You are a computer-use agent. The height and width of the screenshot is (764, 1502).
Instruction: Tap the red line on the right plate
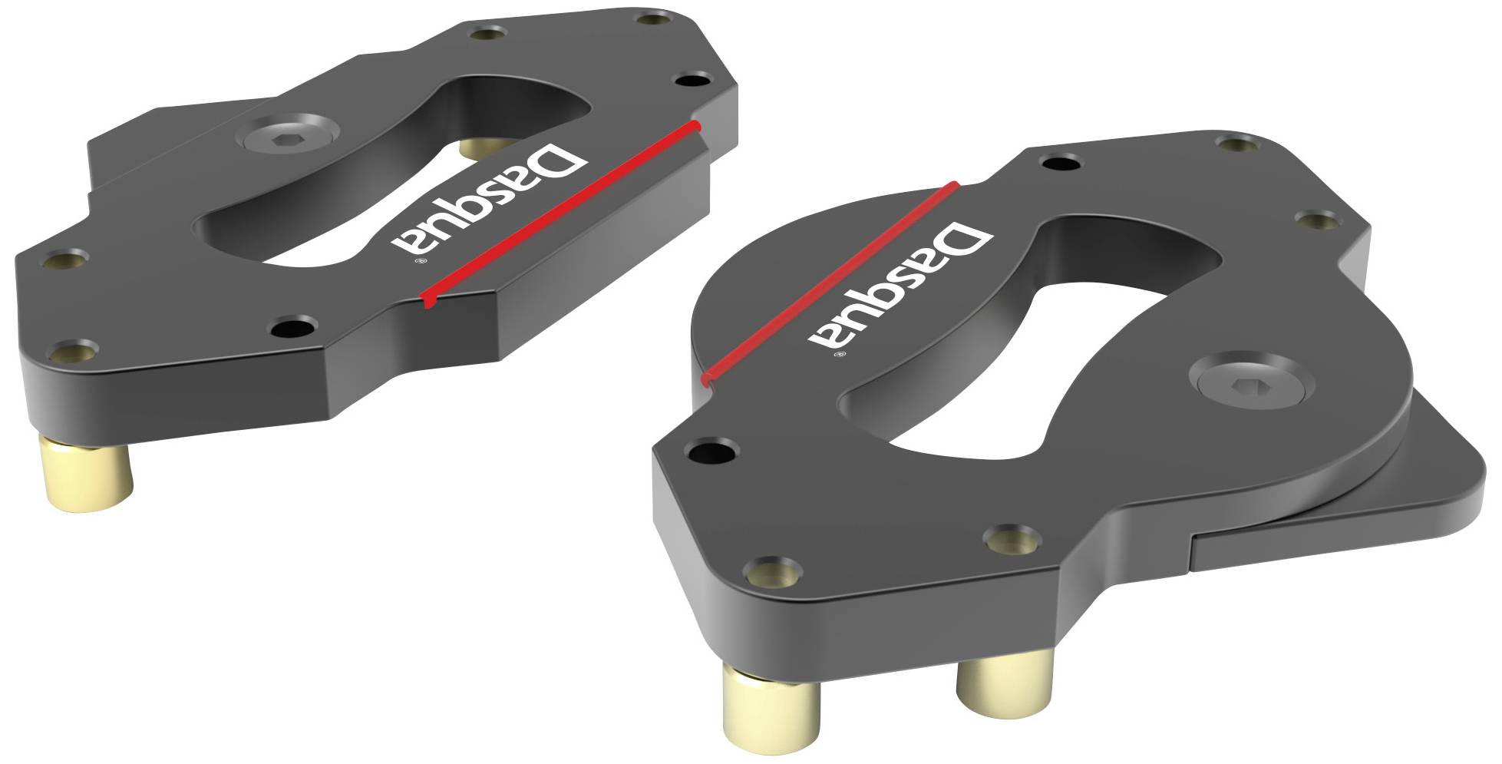[x=829, y=281]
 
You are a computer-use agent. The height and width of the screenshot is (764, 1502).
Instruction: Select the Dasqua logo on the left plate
[x=489, y=200]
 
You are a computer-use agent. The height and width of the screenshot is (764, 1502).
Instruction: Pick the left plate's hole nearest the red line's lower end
[x=292, y=326]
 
